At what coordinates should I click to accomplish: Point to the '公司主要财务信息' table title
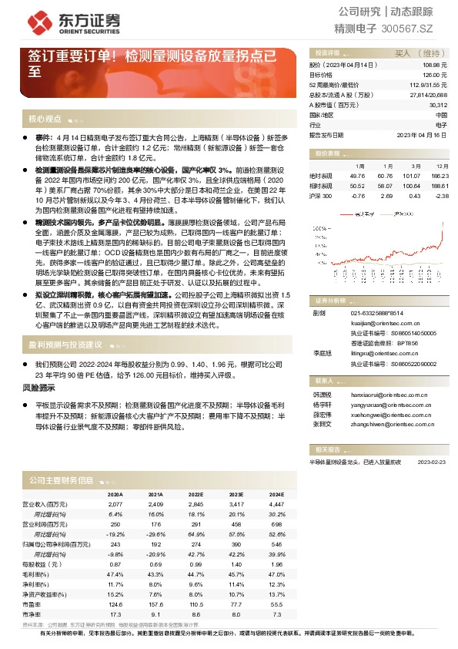(61, 480)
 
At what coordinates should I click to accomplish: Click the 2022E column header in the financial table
(196, 494)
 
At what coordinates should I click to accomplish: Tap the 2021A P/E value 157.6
(155, 606)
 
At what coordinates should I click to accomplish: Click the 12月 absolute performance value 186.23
(437, 177)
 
